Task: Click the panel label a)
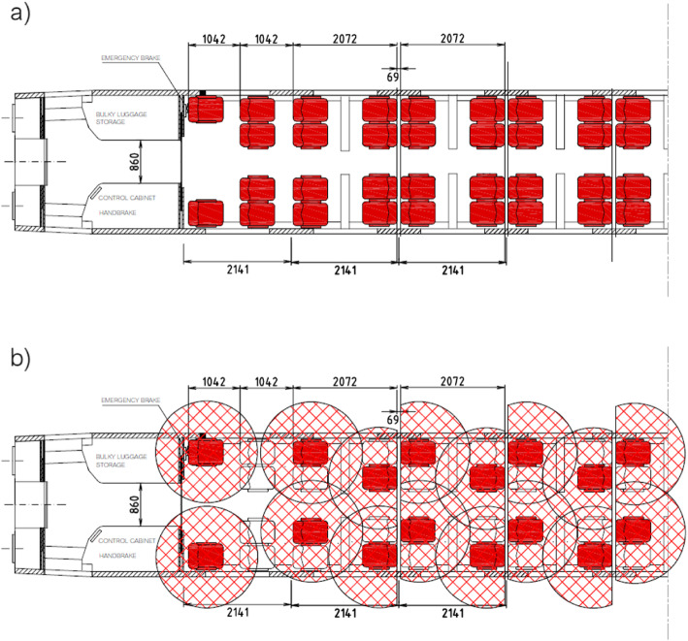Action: point(16,16)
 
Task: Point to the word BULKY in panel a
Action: point(106,115)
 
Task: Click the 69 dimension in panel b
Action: point(392,418)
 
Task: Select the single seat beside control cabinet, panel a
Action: point(206,212)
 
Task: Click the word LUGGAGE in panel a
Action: point(136,115)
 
